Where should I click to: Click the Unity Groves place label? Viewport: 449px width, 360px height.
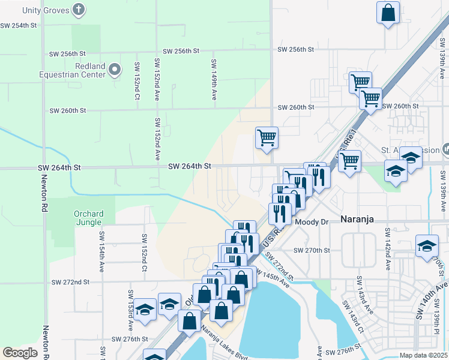point(44,10)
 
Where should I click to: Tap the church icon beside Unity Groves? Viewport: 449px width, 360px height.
point(78,10)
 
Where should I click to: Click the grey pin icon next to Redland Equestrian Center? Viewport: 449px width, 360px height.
point(115,72)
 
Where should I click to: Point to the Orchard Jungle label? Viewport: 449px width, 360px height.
point(89,218)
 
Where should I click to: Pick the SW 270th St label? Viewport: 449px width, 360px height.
point(312,250)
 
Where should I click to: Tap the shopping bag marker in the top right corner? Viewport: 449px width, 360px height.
point(388,13)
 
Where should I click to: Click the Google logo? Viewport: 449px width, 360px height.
point(19,353)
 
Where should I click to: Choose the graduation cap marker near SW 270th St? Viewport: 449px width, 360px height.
point(427,246)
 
